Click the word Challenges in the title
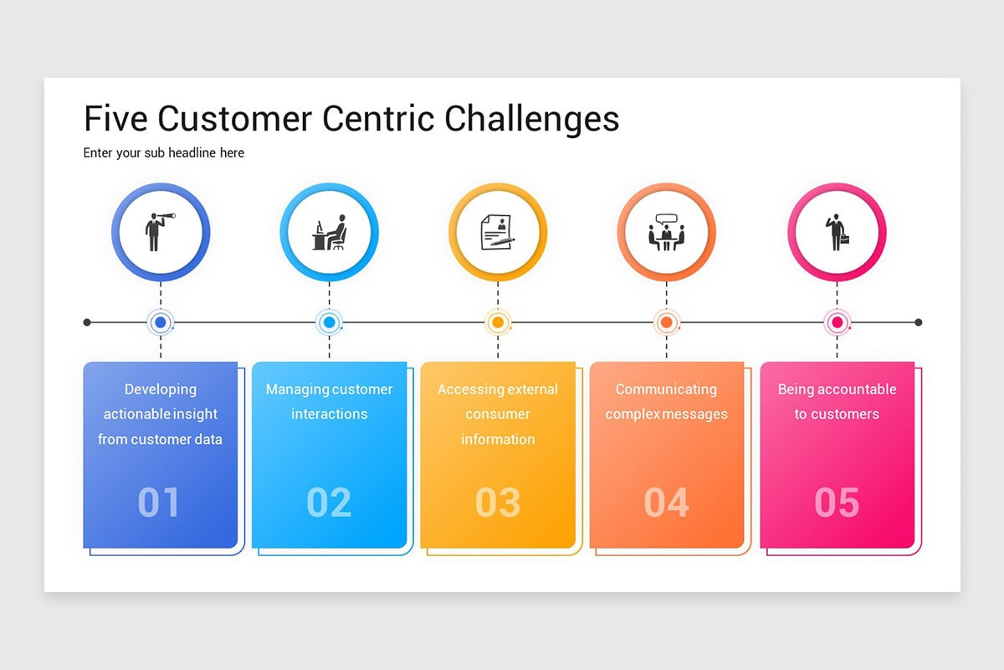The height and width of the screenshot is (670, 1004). pos(531,119)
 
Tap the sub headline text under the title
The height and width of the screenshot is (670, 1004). pos(164,153)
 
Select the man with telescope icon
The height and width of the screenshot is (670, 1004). pos(160,231)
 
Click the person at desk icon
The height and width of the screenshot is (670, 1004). pos(330,232)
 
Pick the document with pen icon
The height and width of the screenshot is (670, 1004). pos(497,232)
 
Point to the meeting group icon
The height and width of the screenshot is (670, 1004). pos(666,232)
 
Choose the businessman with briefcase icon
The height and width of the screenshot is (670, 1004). pos(837,232)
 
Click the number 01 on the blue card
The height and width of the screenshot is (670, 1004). pos(159,502)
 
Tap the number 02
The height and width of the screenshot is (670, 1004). pos(329,502)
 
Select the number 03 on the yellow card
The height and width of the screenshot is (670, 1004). pos(498,502)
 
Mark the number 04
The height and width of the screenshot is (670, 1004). pos(667,502)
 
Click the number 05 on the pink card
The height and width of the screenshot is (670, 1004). pos(837,502)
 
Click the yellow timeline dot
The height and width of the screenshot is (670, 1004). pos(498,322)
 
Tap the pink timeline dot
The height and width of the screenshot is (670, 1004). pos(837,322)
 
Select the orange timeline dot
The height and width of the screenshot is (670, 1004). pos(667,322)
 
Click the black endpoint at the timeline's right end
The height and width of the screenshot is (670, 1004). pos(918,322)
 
